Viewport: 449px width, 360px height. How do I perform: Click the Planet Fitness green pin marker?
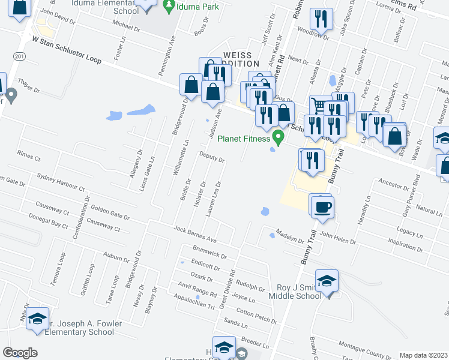click(x=278, y=137)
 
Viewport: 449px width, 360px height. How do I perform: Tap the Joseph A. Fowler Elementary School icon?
click(x=37, y=319)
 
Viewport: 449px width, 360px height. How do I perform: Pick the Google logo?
click(x=20, y=353)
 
